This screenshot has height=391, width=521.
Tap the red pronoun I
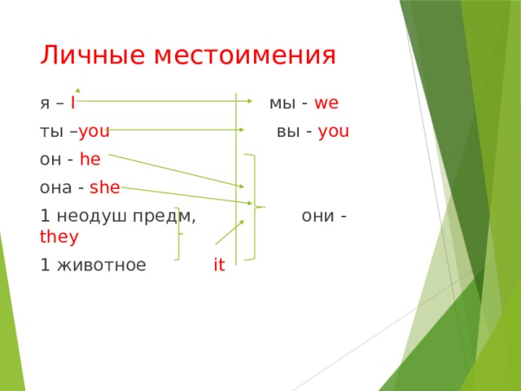tap(73, 103)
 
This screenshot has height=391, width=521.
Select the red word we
tap(326, 103)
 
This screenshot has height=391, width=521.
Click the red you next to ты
tap(94, 132)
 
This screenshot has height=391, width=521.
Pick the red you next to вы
tap(335, 132)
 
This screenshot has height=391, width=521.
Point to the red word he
tap(90, 160)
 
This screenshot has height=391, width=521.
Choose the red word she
tap(105, 187)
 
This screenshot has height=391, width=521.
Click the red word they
tap(59, 237)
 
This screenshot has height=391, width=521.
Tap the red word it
tap(219, 265)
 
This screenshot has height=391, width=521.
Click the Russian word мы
tap(282, 103)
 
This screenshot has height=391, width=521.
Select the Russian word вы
tap(288, 132)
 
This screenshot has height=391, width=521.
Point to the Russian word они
tap(317, 216)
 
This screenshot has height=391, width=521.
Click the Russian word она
tap(58, 187)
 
